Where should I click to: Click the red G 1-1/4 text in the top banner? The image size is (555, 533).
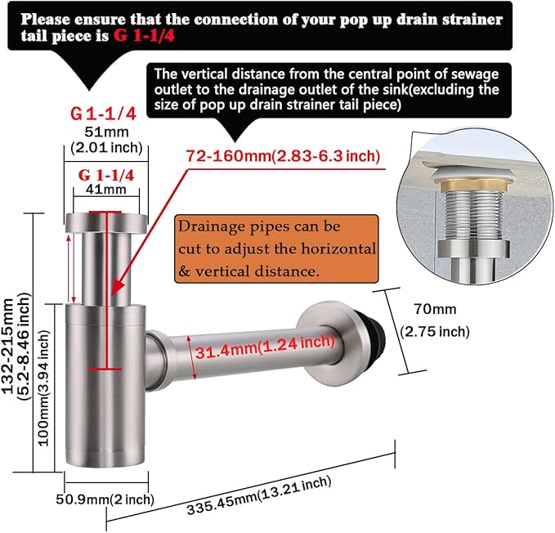(x=144, y=36)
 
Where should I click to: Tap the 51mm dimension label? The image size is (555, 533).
(x=106, y=132)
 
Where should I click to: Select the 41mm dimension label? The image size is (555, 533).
(x=105, y=190)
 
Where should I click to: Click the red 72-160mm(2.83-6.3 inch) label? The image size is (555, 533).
(x=283, y=155)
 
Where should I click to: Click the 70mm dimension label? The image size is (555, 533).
(x=435, y=309)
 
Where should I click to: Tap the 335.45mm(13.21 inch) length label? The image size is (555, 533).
(x=259, y=495)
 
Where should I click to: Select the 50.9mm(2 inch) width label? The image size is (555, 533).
(x=105, y=499)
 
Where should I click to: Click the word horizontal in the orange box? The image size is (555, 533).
(x=338, y=249)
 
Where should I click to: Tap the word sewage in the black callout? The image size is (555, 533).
(x=475, y=74)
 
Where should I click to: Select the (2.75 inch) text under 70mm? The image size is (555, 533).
(x=435, y=332)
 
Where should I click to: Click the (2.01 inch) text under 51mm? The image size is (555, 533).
(x=106, y=147)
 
